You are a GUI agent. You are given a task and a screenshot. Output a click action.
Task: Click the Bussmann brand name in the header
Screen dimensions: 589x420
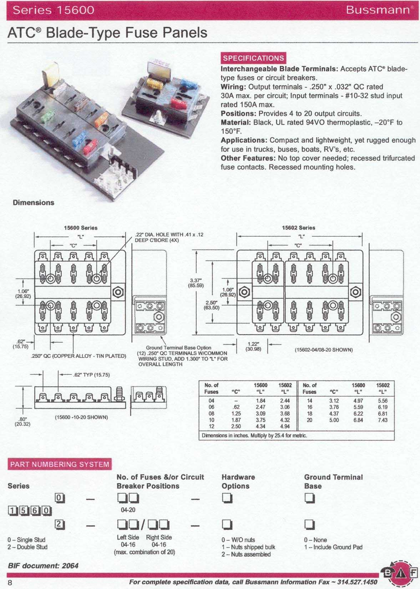[x=378, y=10]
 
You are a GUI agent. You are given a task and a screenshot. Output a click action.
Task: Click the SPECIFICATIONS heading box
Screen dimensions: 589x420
[x=253, y=58]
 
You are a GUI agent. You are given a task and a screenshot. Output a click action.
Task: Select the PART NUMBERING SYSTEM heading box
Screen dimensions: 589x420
[x=60, y=464]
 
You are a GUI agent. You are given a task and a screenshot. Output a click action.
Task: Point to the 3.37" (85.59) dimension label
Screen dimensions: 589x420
[x=196, y=283]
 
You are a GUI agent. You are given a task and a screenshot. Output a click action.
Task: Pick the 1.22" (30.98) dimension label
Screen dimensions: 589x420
[x=253, y=346]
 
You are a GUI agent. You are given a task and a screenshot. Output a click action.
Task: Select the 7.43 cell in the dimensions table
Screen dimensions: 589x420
[x=382, y=420]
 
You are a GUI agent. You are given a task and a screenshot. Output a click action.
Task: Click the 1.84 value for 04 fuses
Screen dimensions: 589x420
[x=260, y=401]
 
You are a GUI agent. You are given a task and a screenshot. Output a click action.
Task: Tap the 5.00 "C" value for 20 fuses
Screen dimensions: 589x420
[x=334, y=420]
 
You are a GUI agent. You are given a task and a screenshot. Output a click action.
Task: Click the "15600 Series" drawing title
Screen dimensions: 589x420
[x=81, y=228]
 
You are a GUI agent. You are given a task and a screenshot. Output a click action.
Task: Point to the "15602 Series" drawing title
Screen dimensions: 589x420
[x=298, y=228]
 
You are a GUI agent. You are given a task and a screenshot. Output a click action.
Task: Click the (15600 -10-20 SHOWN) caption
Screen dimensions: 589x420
[x=81, y=417]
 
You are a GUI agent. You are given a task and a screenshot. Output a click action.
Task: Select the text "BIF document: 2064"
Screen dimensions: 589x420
[x=43, y=566]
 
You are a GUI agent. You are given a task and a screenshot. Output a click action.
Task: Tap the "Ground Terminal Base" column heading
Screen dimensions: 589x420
[x=333, y=482]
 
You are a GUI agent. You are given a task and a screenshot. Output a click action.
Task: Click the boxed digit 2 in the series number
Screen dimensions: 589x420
[x=59, y=524]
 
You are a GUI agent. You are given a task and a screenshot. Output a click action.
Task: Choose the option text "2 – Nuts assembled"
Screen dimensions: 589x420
[x=246, y=554]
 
